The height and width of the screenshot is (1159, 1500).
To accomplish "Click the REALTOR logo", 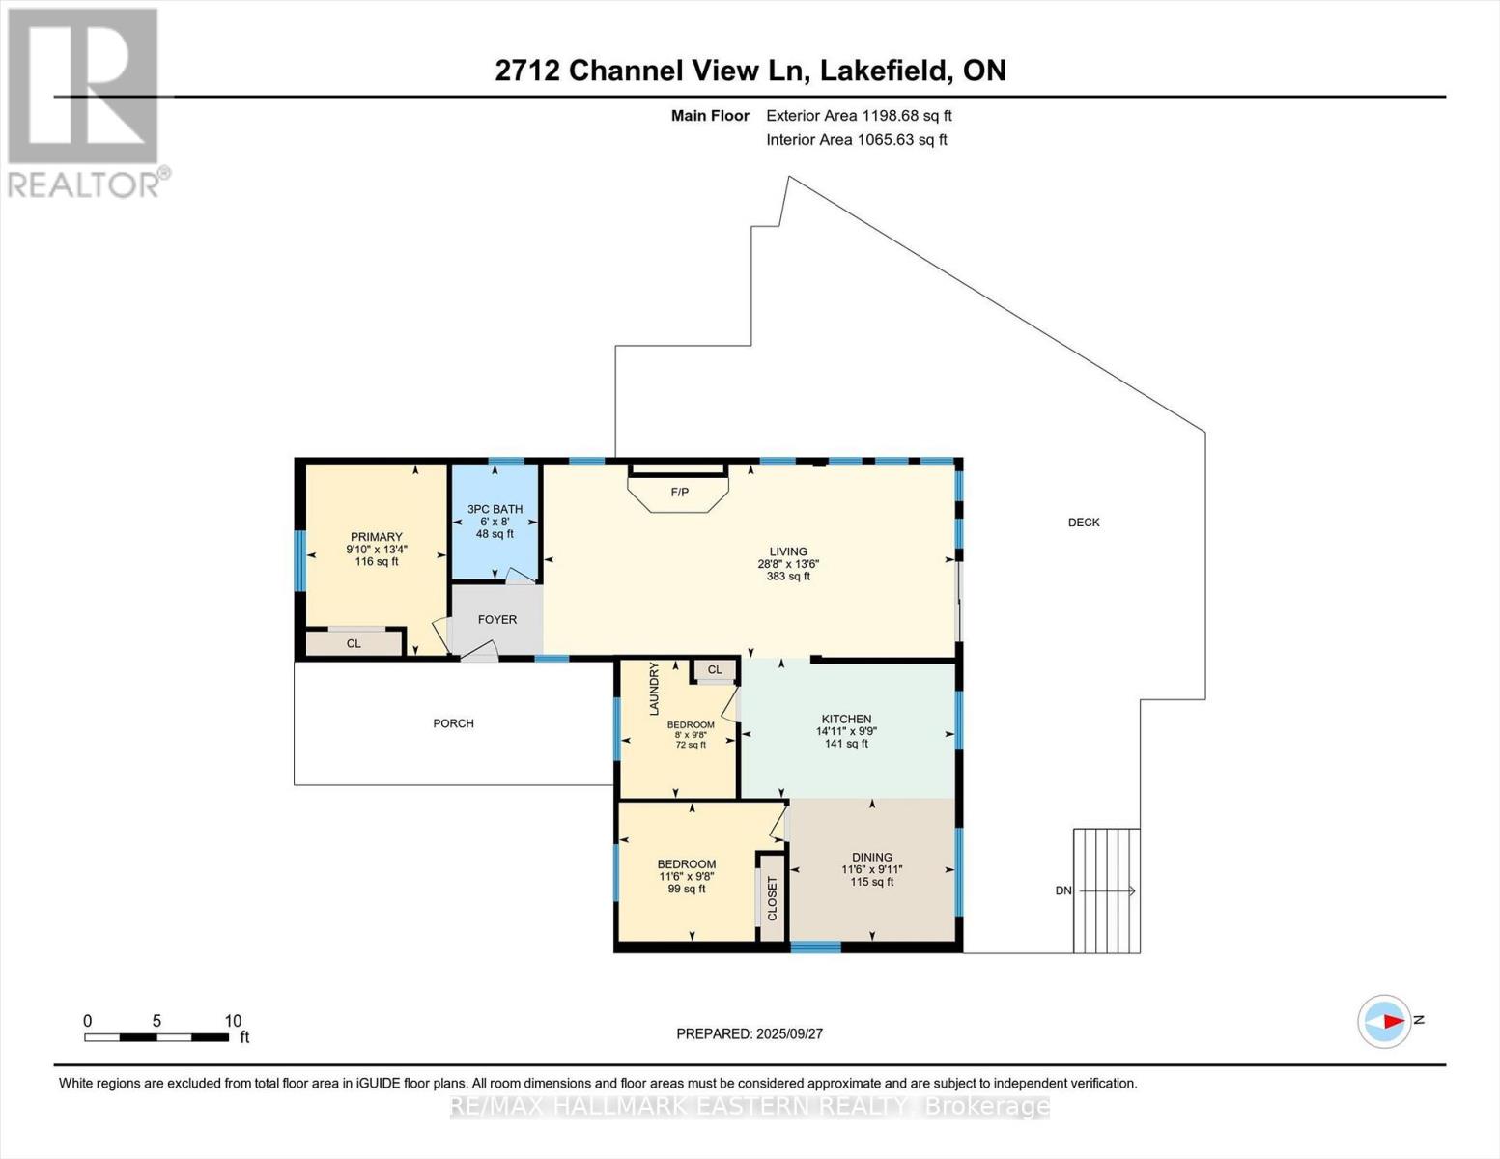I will (85, 101).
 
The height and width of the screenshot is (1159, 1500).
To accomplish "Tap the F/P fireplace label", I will (680, 493).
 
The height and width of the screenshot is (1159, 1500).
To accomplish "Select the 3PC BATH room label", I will (495, 509).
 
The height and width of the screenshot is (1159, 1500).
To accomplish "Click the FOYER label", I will (497, 620).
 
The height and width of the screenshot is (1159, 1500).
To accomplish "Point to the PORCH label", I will (453, 723).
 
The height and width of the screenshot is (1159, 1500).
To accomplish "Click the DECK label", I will (1084, 523).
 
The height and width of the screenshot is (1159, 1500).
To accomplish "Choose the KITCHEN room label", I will (846, 720).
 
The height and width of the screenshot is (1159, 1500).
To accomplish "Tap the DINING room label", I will (871, 858).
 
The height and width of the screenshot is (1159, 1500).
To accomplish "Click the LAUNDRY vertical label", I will (654, 689).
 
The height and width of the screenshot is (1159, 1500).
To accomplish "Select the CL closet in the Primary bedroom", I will (354, 643).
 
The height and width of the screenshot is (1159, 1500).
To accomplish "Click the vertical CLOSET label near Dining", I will (772, 898).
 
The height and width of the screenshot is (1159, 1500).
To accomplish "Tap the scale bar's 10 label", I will (233, 1021).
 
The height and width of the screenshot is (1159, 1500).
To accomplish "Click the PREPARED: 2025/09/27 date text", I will (750, 1033).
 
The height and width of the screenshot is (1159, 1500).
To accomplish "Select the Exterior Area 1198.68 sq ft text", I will (859, 115).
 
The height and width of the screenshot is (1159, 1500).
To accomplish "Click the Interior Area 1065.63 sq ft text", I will (856, 139).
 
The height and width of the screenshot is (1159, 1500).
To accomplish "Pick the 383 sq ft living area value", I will (788, 577).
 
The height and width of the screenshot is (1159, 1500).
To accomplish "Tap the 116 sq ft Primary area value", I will (376, 561).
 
